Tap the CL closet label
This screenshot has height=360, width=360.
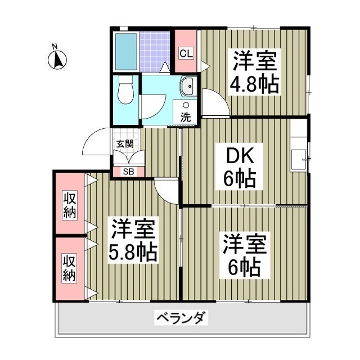click(x=186, y=53)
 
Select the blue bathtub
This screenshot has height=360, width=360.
click(x=125, y=52)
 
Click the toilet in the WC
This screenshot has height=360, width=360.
click(x=127, y=92)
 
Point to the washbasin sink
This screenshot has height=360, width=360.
click(x=187, y=87)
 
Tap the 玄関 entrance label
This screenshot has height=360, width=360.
click(x=125, y=143)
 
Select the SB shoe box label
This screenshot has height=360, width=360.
click(x=128, y=172)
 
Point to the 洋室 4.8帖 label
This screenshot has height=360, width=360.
click(x=253, y=72)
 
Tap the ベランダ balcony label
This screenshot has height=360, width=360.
click(x=181, y=318)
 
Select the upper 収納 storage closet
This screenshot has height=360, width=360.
click(x=70, y=205)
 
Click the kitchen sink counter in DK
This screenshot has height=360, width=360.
click(x=299, y=152)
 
